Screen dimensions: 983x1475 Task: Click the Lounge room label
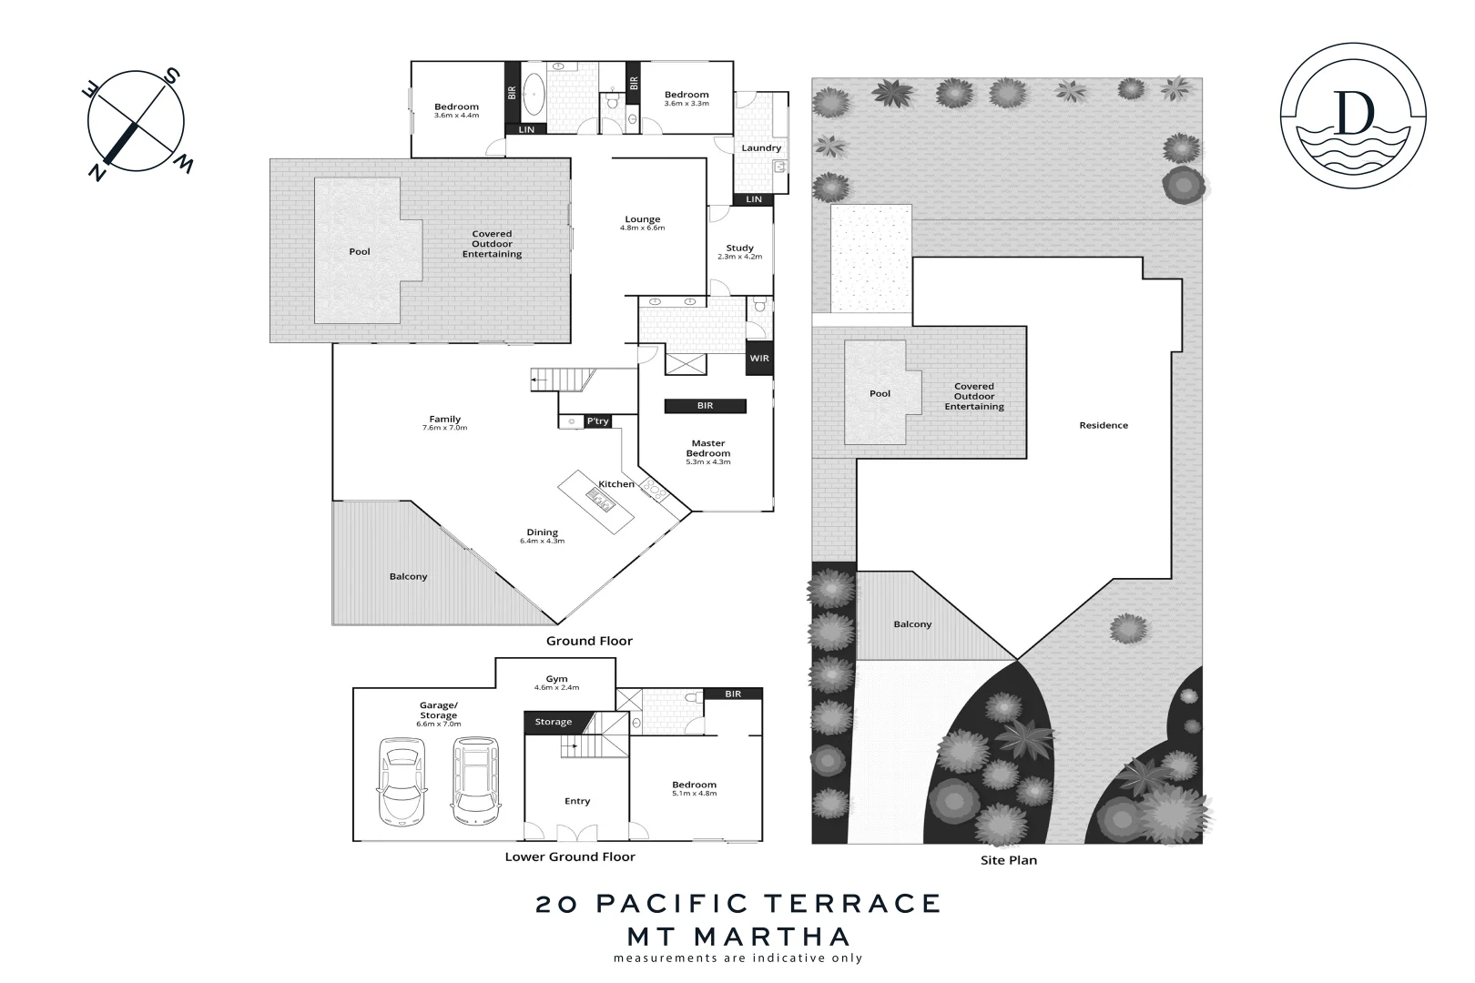(642, 219)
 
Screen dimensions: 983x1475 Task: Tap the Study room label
(739, 248)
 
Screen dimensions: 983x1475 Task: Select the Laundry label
(761, 147)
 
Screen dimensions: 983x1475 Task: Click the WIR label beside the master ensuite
(758, 358)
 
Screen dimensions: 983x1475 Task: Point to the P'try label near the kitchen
(597, 421)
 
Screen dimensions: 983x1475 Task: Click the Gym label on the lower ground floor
(556, 679)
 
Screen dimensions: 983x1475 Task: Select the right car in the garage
(473, 778)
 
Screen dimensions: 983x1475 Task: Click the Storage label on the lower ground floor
(553, 722)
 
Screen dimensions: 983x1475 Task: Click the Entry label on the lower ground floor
(577, 801)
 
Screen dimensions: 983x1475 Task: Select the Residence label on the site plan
(1103, 425)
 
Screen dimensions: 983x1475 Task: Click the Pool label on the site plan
(880, 393)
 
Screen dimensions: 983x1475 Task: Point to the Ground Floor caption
(589, 641)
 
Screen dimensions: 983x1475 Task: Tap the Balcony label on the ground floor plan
(408, 576)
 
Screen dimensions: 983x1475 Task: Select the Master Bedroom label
(707, 449)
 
